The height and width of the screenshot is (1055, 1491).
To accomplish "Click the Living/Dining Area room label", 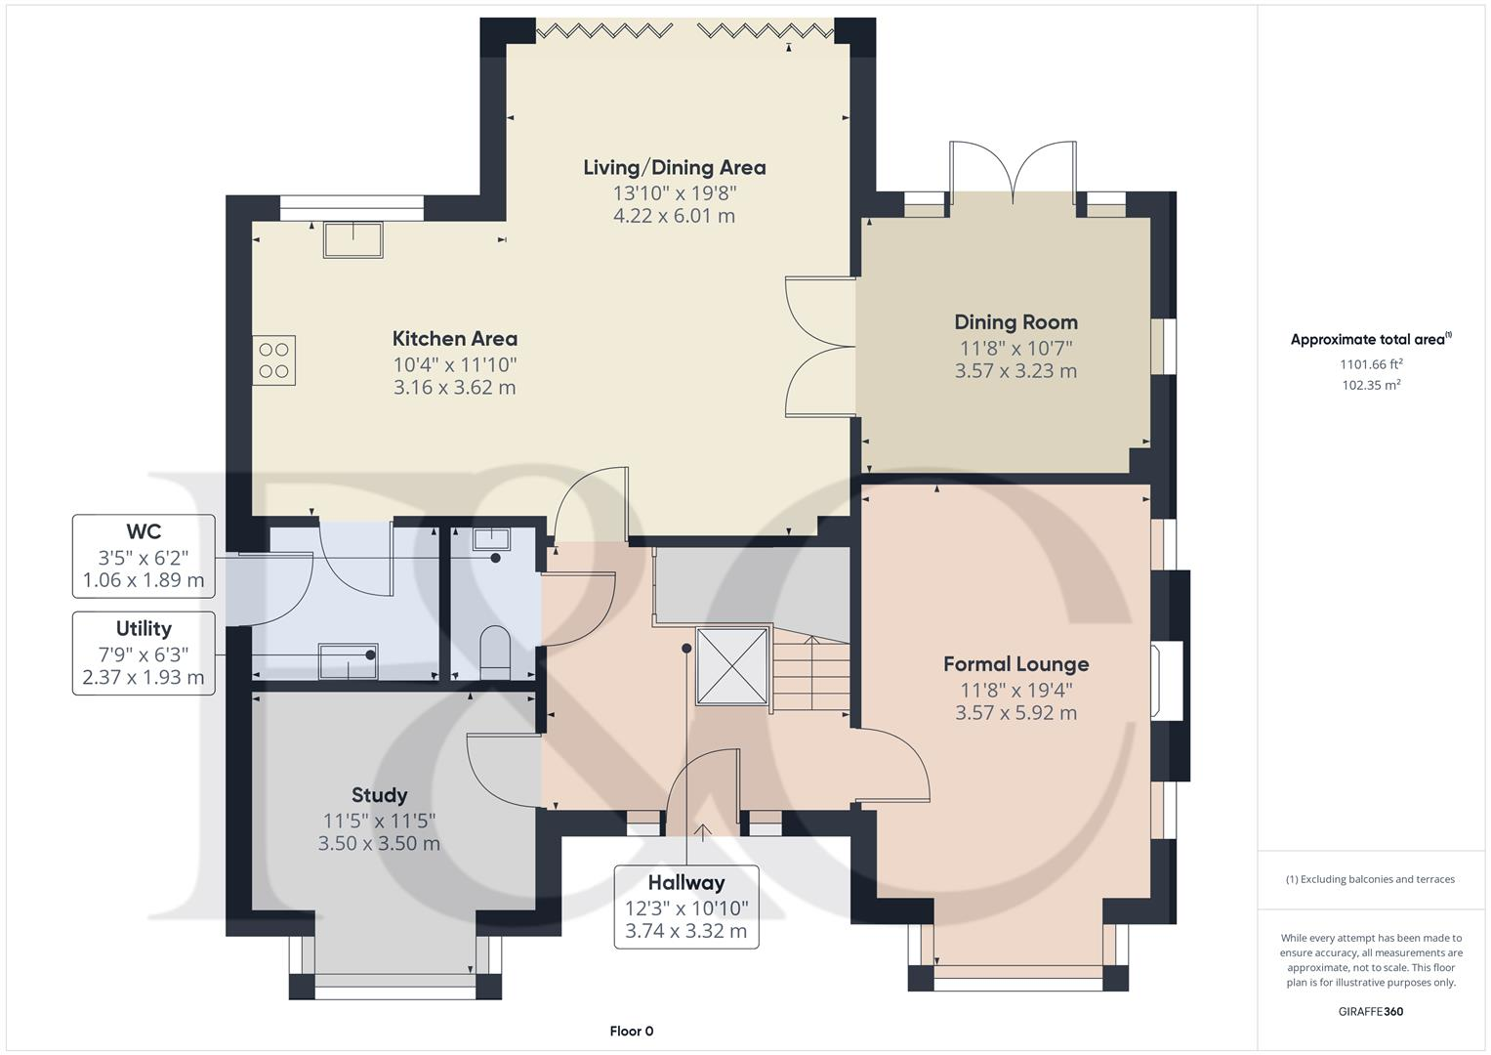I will tap(674, 168).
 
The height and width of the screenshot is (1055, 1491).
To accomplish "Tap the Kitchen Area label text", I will tap(455, 339).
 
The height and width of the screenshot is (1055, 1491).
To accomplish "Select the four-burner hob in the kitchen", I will tap(274, 360).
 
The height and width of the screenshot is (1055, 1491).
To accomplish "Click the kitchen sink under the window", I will tap(353, 239).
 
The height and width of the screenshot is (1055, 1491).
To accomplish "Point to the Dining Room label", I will tap(1015, 322).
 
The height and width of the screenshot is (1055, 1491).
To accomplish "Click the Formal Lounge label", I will tap(1015, 664).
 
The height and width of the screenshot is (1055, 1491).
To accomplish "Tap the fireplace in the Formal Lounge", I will tap(1168, 681).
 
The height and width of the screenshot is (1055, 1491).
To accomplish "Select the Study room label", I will tap(379, 795).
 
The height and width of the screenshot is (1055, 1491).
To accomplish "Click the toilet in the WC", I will tap(495, 651).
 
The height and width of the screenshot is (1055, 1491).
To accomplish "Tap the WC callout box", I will tap(144, 557).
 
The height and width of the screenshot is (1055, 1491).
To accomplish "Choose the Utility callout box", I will tap(144, 654).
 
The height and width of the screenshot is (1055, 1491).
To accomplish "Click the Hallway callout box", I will tap(686, 907).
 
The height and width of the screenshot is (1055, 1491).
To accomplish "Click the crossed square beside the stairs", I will tap(731, 665).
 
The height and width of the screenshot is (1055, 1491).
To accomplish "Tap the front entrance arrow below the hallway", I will tap(702, 831).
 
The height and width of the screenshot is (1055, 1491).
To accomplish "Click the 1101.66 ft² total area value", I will tap(1371, 364).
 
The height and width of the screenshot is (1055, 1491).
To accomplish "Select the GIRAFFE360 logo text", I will tap(1371, 1011).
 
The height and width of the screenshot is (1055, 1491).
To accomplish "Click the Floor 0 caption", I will tap(631, 1031).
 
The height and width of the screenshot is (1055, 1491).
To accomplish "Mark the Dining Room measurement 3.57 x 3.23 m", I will tap(1015, 371).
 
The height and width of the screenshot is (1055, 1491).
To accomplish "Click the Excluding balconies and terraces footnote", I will tap(1371, 879).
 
